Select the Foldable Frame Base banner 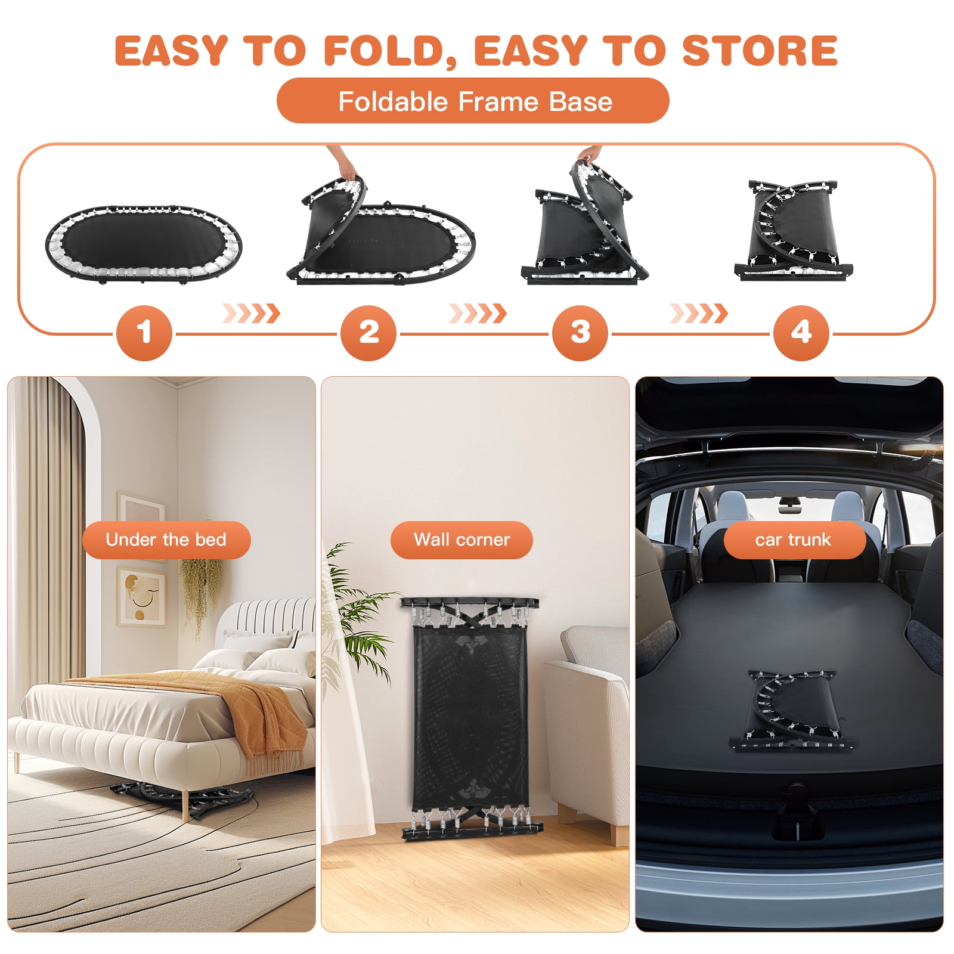[x=473, y=101]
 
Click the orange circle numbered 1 [x=144, y=333]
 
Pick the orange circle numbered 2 [x=368, y=333]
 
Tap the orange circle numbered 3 [x=580, y=333]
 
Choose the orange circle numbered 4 [x=801, y=333]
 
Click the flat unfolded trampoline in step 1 [x=144, y=245]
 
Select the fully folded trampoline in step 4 [x=794, y=230]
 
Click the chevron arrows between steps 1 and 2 [x=251, y=313]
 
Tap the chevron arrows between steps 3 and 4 [x=699, y=313]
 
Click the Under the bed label [x=166, y=540]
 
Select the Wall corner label [x=461, y=540]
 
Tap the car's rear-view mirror [x=790, y=508]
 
